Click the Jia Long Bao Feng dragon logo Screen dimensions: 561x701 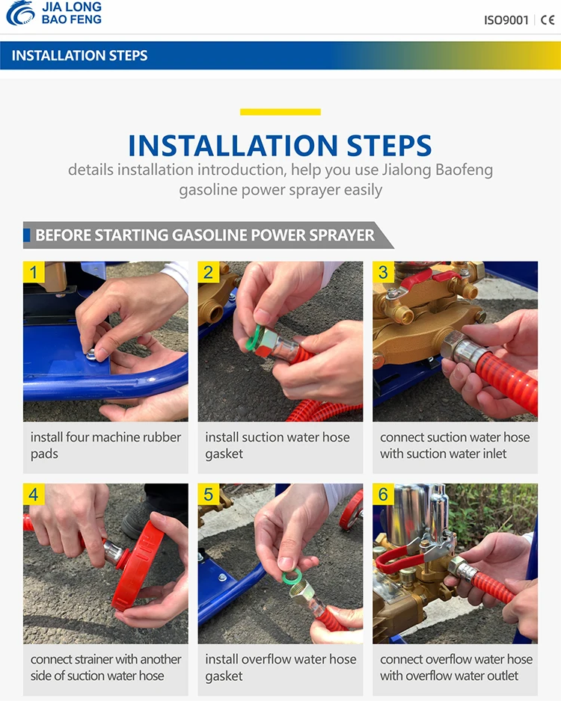coord(20,13)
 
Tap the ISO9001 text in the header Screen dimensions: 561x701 coord(506,20)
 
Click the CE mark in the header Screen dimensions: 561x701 coord(548,20)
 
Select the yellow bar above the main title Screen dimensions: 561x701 coord(280,112)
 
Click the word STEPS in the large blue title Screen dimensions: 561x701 coord(389,145)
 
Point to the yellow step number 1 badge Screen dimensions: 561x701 coord(34,272)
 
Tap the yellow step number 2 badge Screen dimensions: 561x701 coord(209,272)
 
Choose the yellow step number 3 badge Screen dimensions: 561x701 coord(384,272)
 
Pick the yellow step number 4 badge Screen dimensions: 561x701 coord(34,494)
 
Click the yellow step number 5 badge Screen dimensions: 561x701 coord(209,494)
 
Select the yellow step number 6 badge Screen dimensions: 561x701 coord(384,494)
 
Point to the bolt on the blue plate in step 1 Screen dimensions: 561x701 coord(91,356)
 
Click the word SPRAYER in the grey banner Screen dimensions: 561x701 coord(341,235)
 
